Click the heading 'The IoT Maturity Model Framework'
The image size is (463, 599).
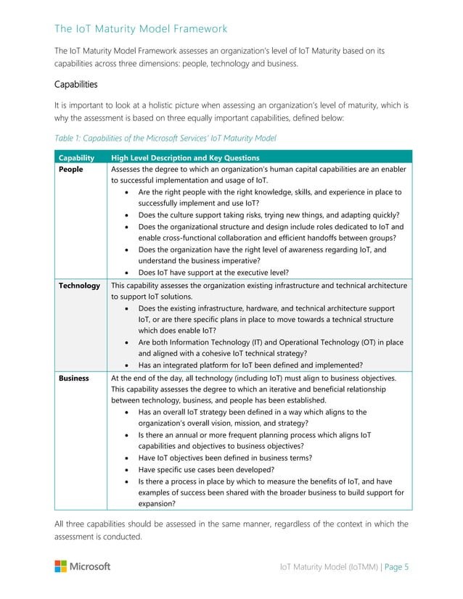[141, 29]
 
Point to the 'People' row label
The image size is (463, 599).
[71, 169]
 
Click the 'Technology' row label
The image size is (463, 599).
[79, 285]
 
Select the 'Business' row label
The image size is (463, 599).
[74, 378]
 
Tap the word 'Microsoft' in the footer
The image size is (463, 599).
[90, 566]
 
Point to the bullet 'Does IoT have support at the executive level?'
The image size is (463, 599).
[213, 273]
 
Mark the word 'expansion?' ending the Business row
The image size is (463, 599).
[156, 503]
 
